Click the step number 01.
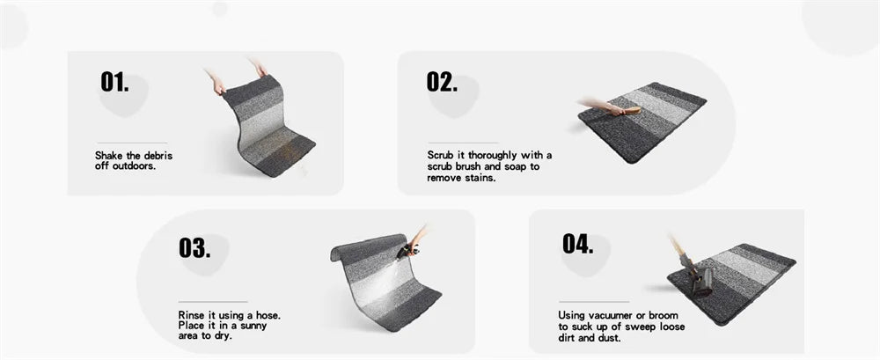click(x=114, y=82)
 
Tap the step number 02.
click(x=442, y=82)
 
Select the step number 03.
click(x=194, y=247)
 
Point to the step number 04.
click(x=577, y=245)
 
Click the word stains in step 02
click(x=479, y=178)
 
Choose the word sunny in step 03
click(x=252, y=326)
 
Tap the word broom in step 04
click(x=664, y=315)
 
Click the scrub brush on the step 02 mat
click(x=631, y=111)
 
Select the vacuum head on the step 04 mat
click(x=701, y=282)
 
